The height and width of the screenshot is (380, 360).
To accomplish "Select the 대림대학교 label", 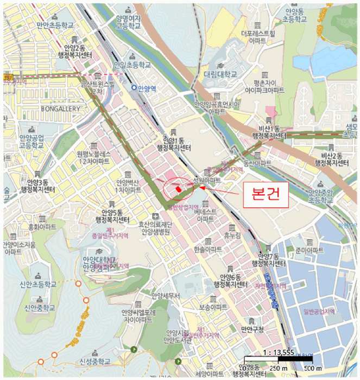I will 220,74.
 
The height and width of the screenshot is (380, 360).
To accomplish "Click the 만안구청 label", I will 252,328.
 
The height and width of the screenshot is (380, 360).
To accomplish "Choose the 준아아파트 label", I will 306,251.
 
